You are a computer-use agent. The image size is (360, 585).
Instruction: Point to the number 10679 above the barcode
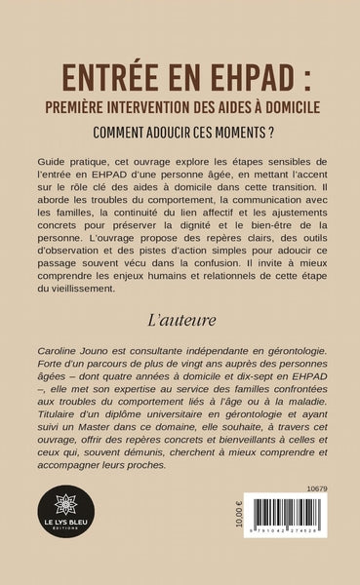click(313, 485)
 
